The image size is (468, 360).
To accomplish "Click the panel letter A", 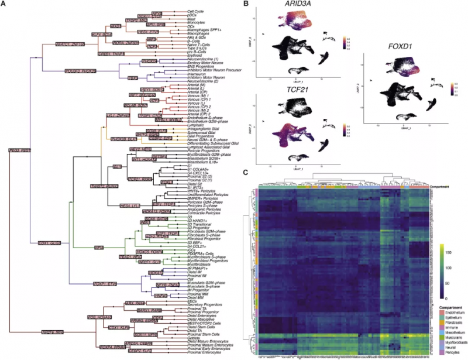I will [x=4, y=4].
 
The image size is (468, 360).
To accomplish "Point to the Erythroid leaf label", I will [x=179, y=58].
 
